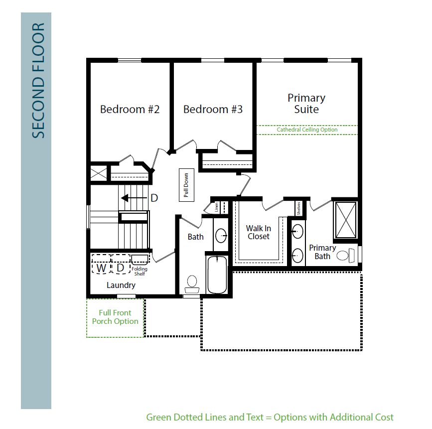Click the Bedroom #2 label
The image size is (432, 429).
coord(130,110)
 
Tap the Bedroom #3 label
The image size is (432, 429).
coord(213,110)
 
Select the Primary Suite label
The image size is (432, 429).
coord(306,104)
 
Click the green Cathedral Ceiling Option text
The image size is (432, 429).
coord(307,130)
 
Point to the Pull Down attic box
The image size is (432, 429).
coord(186,185)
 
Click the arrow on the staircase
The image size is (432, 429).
coord(134,198)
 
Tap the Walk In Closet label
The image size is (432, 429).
coord(259,232)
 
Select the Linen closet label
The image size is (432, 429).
coord(217,207)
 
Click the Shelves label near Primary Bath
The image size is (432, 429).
coord(298,208)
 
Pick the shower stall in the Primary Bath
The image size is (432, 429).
coord(346,220)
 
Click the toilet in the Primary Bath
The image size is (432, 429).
coord(345,256)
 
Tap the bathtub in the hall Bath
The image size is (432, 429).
coord(217,275)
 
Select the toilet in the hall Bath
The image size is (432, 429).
coord(192,285)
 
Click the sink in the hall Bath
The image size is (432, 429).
coord(221,236)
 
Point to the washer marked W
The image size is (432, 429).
coord(101,264)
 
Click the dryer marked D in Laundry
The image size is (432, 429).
coord(121,264)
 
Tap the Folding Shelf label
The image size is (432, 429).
coord(140,271)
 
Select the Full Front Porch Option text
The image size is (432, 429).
coord(115,317)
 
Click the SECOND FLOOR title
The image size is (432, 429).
coord(38,80)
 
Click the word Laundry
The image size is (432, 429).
coord(121,285)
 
